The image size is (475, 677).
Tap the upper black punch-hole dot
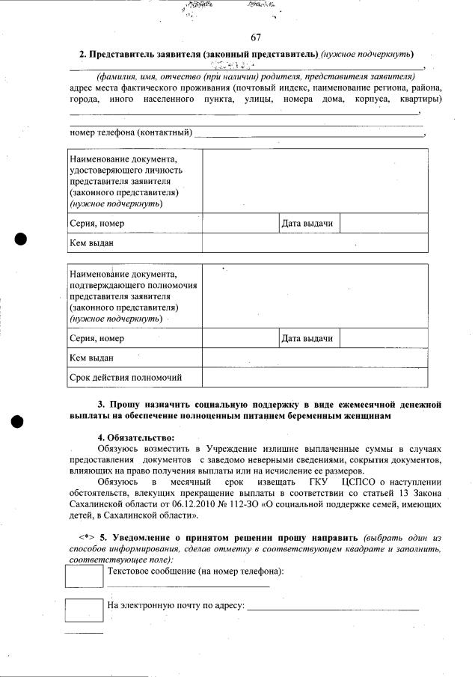pyautogui.click(x=21, y=239)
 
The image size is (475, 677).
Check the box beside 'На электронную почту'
pyautogui.click(x=84, y=610)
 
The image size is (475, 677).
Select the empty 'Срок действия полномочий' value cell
pyautogui.click(x=315, y=378)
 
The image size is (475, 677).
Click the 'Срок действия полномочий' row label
pyautogui.click(x=125, y=378)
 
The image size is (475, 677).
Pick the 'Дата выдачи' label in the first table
pyautogui.click(x=307, y=224)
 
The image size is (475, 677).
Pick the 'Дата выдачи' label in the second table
pyautogui.click(x=307, y=339)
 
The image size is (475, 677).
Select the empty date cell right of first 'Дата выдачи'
pyautogui.click(x=384, y=224)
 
